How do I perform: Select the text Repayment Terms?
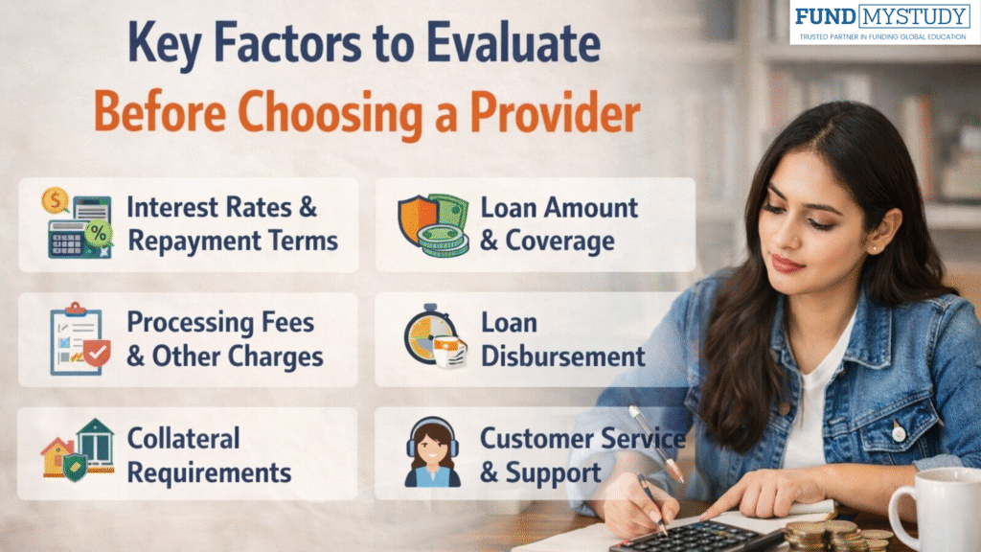point(233,240)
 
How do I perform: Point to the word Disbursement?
point(562,356)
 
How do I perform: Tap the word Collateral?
point(183,439)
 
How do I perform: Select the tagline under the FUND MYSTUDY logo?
point(884,37)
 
